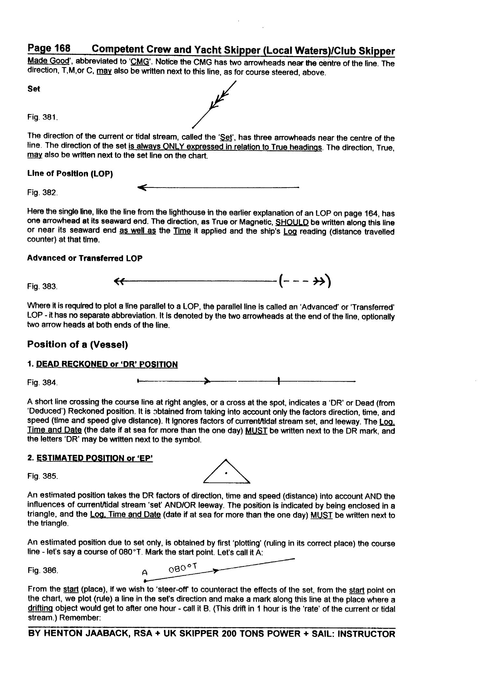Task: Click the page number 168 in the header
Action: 62,48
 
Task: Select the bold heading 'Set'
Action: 34,89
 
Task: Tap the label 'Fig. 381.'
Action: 43,117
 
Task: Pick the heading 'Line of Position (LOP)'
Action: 70,174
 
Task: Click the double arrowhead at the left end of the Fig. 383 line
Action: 119,282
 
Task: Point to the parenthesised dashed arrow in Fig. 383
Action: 304,281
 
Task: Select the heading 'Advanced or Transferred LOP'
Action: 85,258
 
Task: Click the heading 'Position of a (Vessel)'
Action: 78,344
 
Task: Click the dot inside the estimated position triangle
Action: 226,473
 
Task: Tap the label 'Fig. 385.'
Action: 43,476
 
